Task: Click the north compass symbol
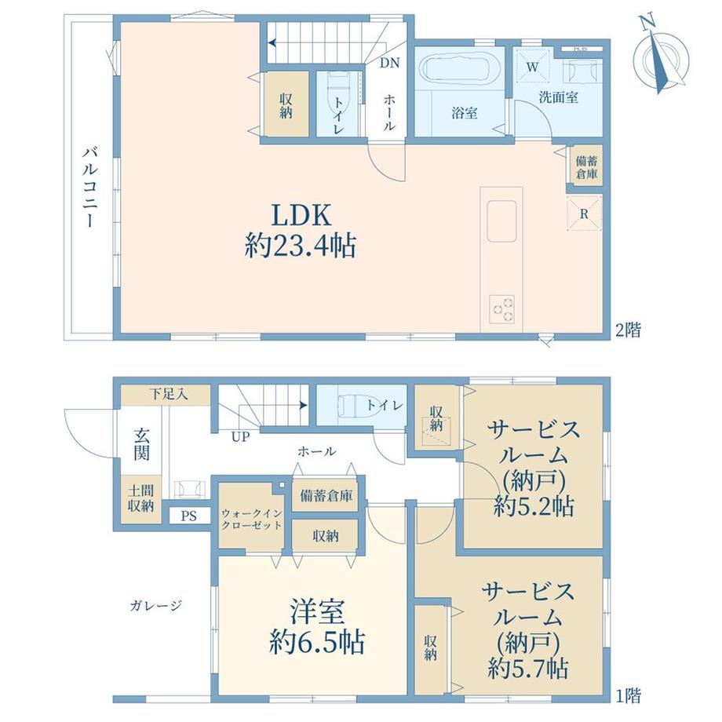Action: pyautogui.click(x=661, y=55)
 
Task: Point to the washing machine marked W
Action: pyautogui.click(x=532, y=67)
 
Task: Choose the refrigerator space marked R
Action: pyautogui.click(x=585, y=213)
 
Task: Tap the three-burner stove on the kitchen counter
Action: pyautogui.click(x=502, y=309)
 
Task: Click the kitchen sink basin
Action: pyautogui.click(x=501, y=221)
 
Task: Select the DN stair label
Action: pyautogui.click(x=389, y=63)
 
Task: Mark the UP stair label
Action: pyautogui.click(x=240, y=436)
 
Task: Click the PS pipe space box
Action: pyautogui.click(x=188, y=516)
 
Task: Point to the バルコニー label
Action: pyautogui.click(x=91, y=187)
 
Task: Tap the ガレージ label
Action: pyautogui.click(x=155, y=605)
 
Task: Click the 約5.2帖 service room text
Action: pyautogui.click(x=534, y=506)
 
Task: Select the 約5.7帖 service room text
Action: pyautogui.click(x=528, y=668)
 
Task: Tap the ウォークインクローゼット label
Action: pyautogui.click(x=251, y=519)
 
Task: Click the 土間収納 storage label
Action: pyautogui.click(x=141, y=499)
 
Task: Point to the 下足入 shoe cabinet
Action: pyautogui.click(x=166, y=395)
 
